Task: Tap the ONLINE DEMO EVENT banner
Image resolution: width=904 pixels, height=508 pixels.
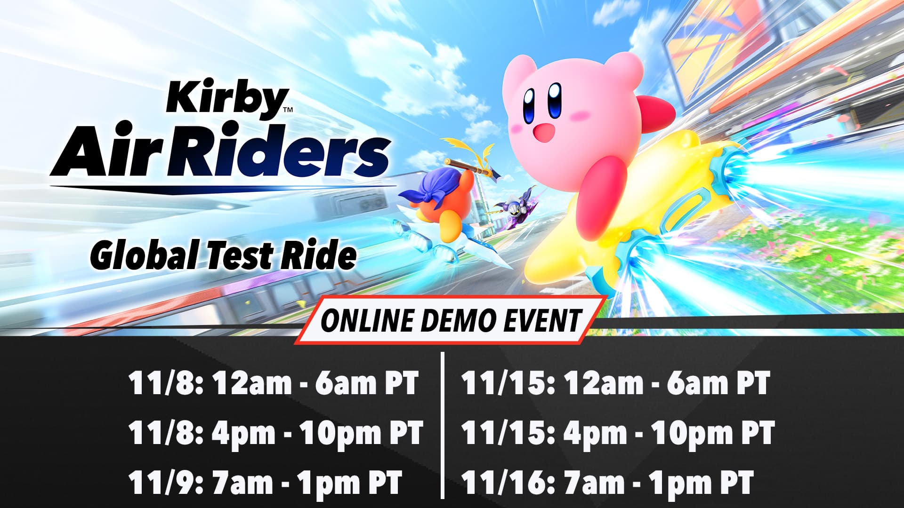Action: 451,320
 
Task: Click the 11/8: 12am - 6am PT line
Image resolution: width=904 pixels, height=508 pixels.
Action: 273,383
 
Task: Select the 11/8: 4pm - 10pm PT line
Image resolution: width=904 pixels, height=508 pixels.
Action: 275,433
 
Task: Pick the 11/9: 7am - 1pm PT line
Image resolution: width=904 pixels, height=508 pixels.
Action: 265,483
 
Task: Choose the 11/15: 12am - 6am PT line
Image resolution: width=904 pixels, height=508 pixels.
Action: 615,383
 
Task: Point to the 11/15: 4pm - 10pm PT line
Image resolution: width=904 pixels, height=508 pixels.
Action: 617,433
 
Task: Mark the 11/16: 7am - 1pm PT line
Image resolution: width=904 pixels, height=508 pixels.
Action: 607,483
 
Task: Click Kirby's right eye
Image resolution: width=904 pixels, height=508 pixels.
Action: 555,100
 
